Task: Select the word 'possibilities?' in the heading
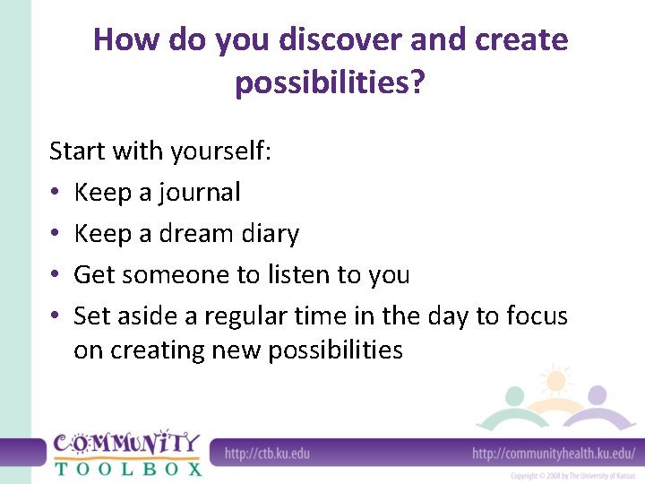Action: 330,83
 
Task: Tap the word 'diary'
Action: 271,233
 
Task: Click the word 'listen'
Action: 285,274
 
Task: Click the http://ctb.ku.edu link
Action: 267,453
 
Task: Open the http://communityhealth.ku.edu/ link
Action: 553,453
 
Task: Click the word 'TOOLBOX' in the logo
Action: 127,467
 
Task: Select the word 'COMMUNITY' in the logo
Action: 126,444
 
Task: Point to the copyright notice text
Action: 572,475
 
